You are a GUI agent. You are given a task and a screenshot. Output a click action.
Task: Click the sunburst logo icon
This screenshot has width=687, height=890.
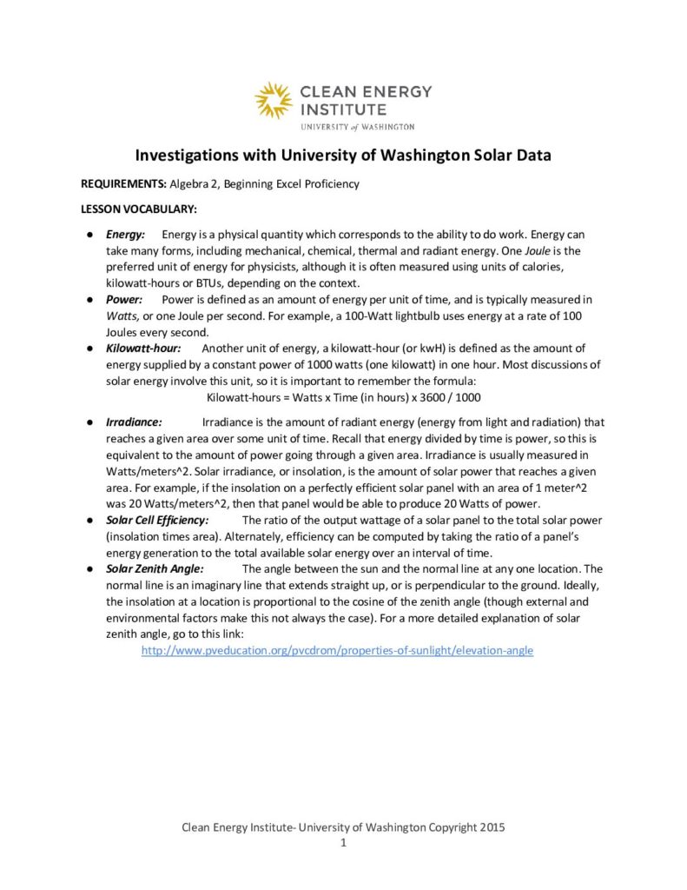(x=274, y=100)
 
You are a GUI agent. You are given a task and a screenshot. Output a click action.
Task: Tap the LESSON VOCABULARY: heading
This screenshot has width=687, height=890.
(x=139, y=209)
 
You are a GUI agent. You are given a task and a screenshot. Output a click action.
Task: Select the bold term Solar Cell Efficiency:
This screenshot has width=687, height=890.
(x=157, y=520)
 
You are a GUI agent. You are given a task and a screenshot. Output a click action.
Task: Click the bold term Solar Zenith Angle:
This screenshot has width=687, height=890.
(x=155, y=568)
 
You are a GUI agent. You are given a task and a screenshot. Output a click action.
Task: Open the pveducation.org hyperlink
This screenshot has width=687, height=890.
(x=337, y=650)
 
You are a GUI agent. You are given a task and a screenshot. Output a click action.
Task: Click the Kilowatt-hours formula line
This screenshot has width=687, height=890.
(x=344, y=396)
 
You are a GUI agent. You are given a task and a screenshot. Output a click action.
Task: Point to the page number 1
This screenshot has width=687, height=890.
(x=344, y=843)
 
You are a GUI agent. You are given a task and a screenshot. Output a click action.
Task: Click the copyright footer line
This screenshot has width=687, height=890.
(x=343, y=827)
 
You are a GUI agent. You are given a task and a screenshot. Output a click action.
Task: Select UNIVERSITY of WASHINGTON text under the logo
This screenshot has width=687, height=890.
(x=357, y=127)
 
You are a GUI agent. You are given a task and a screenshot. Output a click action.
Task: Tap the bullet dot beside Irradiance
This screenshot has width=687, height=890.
(x=89, y=422)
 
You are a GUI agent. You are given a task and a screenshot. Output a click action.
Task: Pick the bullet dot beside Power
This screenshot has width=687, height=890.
(x=89, y=299)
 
